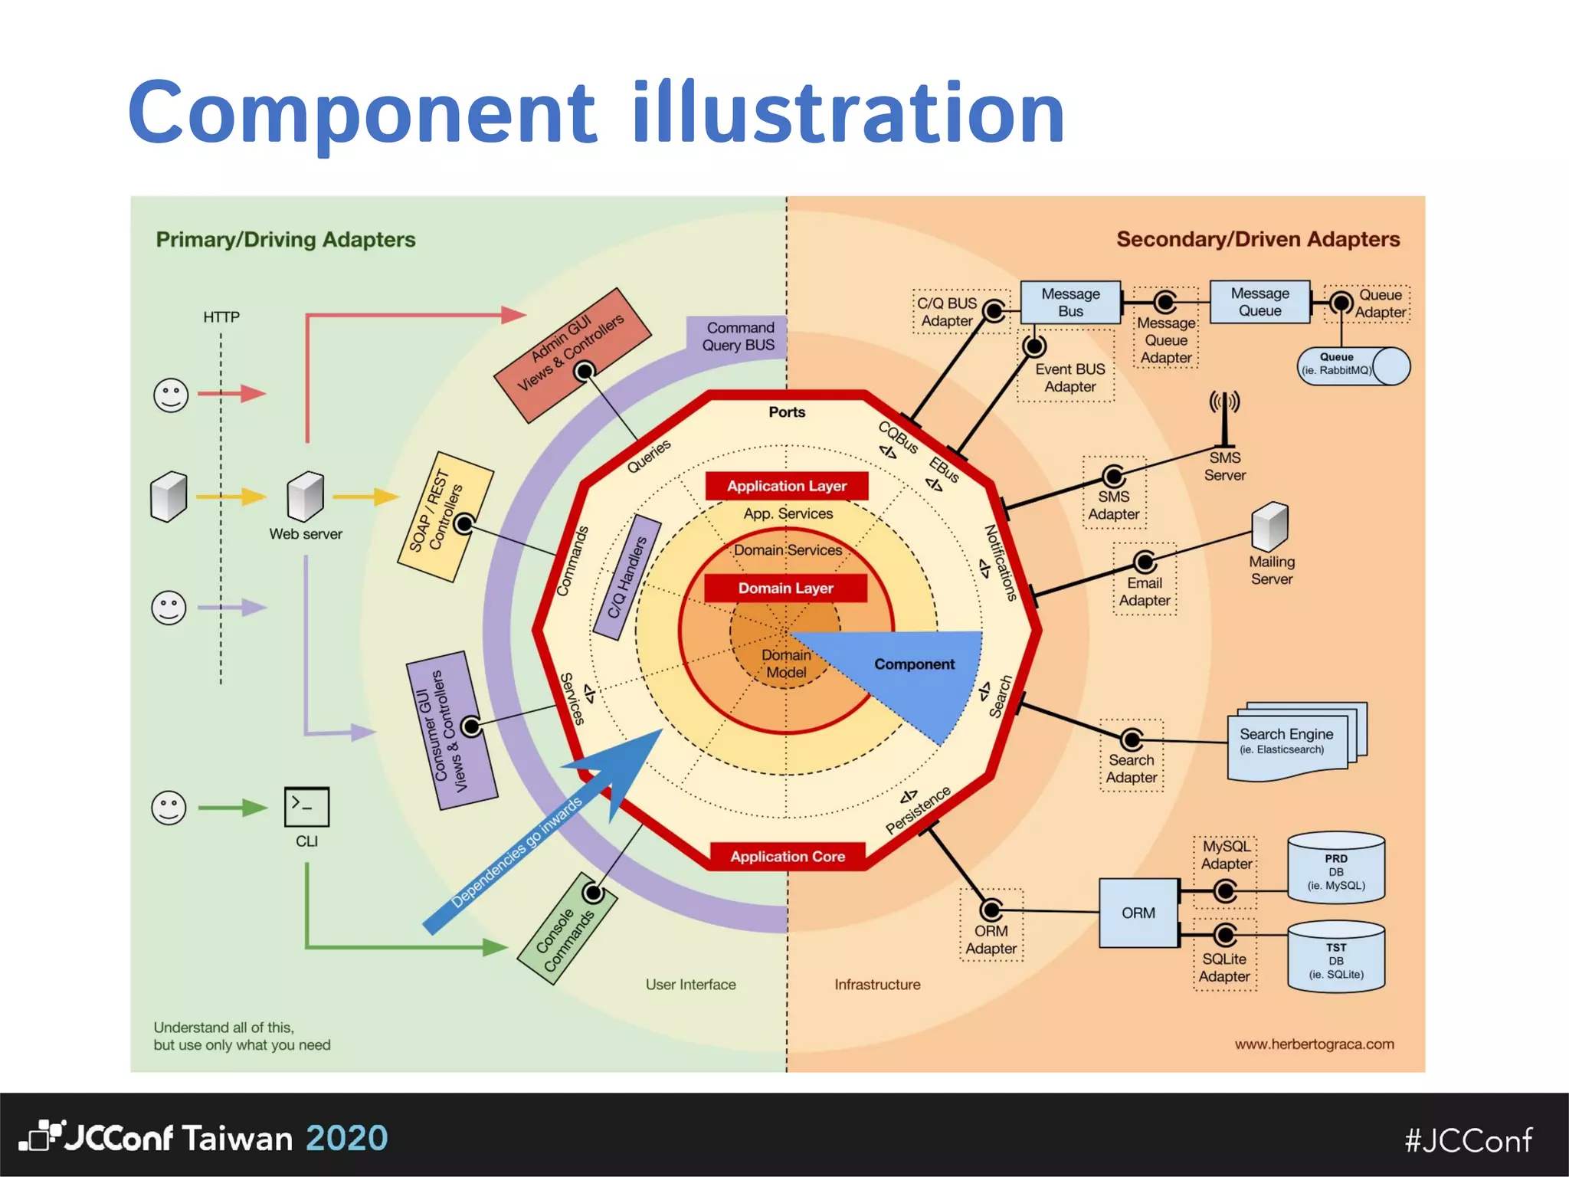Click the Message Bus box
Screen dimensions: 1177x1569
pos(1070,303)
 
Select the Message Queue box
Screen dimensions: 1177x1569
pos(1259,303)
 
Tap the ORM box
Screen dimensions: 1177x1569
pos(1138,913)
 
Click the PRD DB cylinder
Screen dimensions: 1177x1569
pos(1336,869)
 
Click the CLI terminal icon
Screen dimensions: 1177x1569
pos(306,806)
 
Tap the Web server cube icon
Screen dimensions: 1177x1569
pos(306,497)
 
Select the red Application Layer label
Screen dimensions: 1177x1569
pos(787,486)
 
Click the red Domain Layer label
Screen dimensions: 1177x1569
pos(785,588)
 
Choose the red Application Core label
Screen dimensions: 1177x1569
pos(787,856)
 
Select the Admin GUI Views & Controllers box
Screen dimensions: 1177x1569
pos(572,355)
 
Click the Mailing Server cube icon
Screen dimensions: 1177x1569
pos(1270,526)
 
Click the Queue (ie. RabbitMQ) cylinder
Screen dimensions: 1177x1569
pos(1353,366)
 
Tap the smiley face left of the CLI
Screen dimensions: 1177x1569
pos(169,808)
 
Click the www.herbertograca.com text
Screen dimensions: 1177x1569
pos(1314,1044)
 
